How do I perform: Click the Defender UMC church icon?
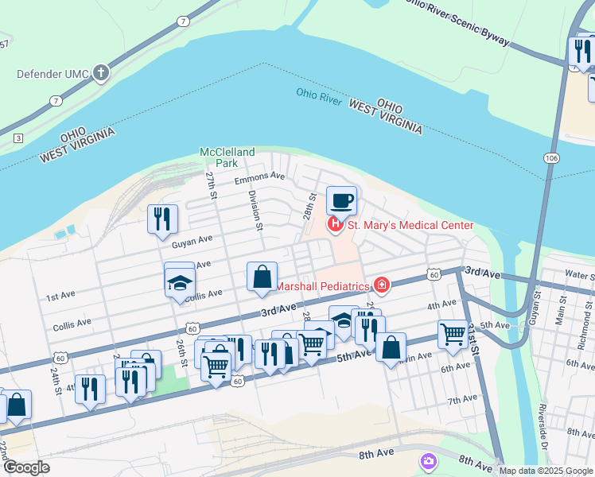[x=100, y=74]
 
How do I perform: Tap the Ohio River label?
[x=319, y=93]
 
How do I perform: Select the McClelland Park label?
[x=228, y=157]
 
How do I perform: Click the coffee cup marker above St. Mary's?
[x=342, y=200]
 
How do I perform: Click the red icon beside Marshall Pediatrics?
[x=383, y=285]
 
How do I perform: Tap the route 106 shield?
[x=551, y=157]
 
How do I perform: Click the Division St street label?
[x=255, y=210]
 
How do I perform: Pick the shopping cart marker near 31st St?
[x=453, y=334]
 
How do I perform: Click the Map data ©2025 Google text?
[x=546, y=471]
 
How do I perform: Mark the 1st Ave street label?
[x=60, y=297]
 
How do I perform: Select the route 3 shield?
[x=17, y=138]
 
